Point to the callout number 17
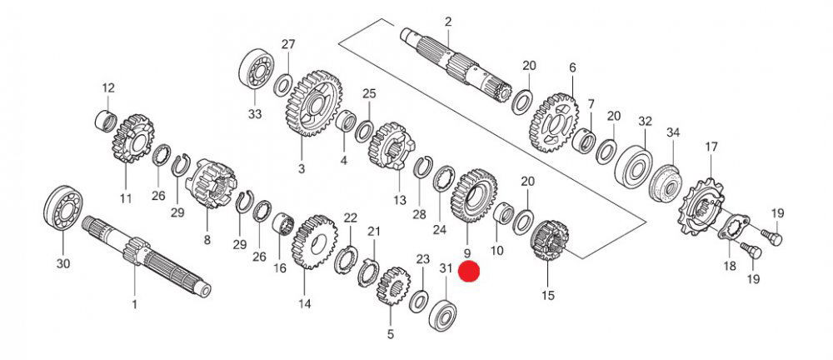click(x=711, y=147)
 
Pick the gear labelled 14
click(x=314, y=241)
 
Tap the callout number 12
click(x=107, y=87)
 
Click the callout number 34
click(x=673, y=132)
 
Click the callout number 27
click(x=287, y=44)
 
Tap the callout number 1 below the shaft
click(x=134, y=304)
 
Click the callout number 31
click(x=445, y=268)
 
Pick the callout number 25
click(x=369, y=93)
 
